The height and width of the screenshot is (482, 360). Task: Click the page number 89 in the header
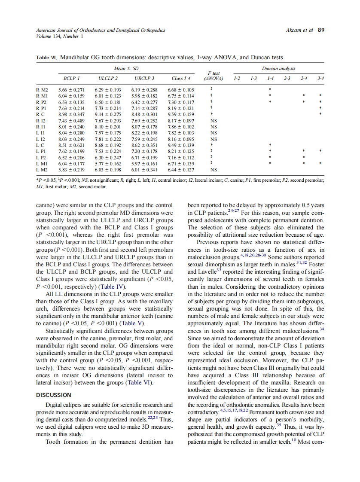tap(320, 30)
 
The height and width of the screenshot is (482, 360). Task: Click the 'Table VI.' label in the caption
tap(46, 57)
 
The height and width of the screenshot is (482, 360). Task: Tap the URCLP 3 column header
tap(144, 78)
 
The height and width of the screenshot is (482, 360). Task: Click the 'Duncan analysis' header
tap(278, 68)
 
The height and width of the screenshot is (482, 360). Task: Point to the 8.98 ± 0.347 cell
tap(71, 115)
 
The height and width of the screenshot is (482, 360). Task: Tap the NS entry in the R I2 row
tap(214, 121)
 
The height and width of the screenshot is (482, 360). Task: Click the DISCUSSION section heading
tap(53, 395)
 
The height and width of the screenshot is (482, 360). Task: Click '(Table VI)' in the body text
tap(138, 382)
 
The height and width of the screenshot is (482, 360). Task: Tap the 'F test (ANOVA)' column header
tap(214, 76)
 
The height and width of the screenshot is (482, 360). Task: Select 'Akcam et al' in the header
tap(299, 30)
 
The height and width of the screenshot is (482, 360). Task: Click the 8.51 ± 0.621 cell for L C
tap(71, 145)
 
